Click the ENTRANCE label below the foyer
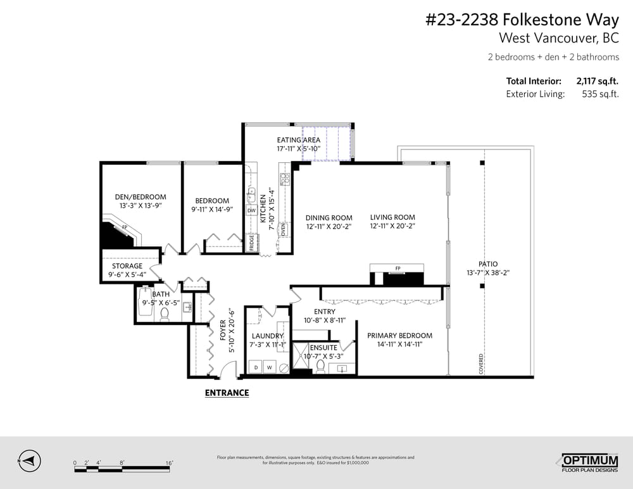pyautogui.click(x=227, y=393)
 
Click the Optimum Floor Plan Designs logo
pyautogui.click(x=589, y=462)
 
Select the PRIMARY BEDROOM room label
pyautogui.click(x=399, y=336)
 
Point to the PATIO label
pyautogui.click(x=487, y=264)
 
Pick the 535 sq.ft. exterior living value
pyautogui.click(x=599, y=94)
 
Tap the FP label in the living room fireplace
pyautogui.click(x=398, y=269)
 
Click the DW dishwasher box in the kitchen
pyautogui.click(x=251, y=210)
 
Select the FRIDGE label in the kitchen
pyautogui.click(x=251, y=244)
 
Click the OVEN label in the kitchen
pyautogui.click(x=283, y=229)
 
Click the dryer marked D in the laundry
pyautogui.click(x=256, y=367)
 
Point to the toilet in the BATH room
pyautogui.click(x=165, y=314)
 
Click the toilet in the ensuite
pyautogui.click(x=320, y=367)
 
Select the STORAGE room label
pyautogui.click(x=127, y=266)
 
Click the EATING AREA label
pyautogui.click(x=298, y=140)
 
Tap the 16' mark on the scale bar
pyautogui.click(x=169, y=463)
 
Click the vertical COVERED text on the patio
pyautogui.click(x=481, y=364)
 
